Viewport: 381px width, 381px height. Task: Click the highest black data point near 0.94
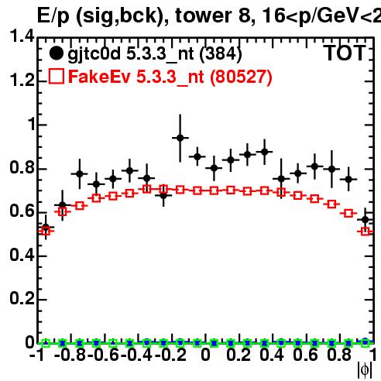click(180, 138)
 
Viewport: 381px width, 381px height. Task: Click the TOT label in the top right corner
click(345, 53)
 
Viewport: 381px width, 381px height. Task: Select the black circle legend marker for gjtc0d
click(56, 53)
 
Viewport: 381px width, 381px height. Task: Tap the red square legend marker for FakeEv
click(57, 76)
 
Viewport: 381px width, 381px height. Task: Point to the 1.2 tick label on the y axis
click(22, 80)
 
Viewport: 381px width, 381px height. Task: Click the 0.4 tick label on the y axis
click(22, 255)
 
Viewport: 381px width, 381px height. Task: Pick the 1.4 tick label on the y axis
click(22, 36)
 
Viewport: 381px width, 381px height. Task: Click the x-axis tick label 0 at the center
click(205, 355)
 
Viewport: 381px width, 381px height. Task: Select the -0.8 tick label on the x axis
click(70, 355)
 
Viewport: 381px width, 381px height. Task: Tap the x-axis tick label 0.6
click(306, 355)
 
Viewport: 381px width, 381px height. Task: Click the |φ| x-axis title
click(365, 370)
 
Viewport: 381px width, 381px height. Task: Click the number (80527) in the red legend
click(241, 77)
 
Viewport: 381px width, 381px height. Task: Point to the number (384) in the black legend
click(221, 53)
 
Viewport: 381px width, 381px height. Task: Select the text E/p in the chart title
click(53, 16)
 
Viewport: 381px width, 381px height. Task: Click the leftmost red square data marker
click(46, 231)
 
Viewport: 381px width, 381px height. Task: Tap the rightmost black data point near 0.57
click(365, 220)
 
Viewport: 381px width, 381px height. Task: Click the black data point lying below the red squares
click(163, 195)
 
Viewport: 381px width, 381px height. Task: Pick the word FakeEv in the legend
click(99, 77)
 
